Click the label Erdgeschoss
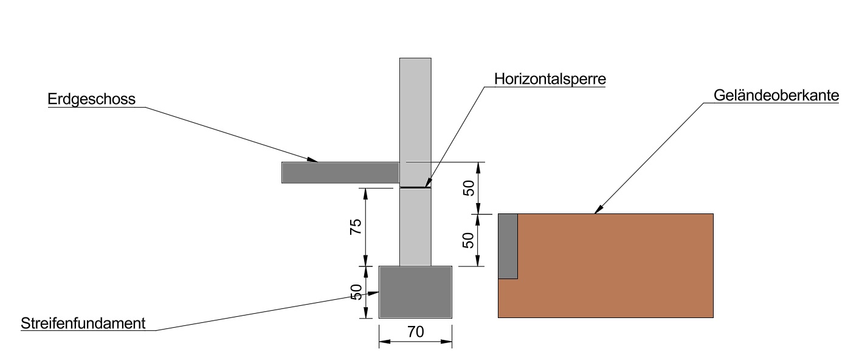tap(91, 99)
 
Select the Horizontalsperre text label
tap(551, 79)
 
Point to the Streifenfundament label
tap(83, 322)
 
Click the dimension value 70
tap(416, 332)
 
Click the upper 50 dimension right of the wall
tap(469, 189)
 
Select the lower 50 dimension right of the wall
tap(469, 240)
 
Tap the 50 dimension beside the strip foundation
tap(357, 292)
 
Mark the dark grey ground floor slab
tap(340, 173)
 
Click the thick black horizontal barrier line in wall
tap(415, 188)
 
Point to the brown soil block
tap(614, 268)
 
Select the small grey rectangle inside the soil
tap(508, 246)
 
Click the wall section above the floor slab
tap(415, 109)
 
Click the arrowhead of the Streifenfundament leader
tap(374, 293)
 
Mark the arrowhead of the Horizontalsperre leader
tap(427, 184)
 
